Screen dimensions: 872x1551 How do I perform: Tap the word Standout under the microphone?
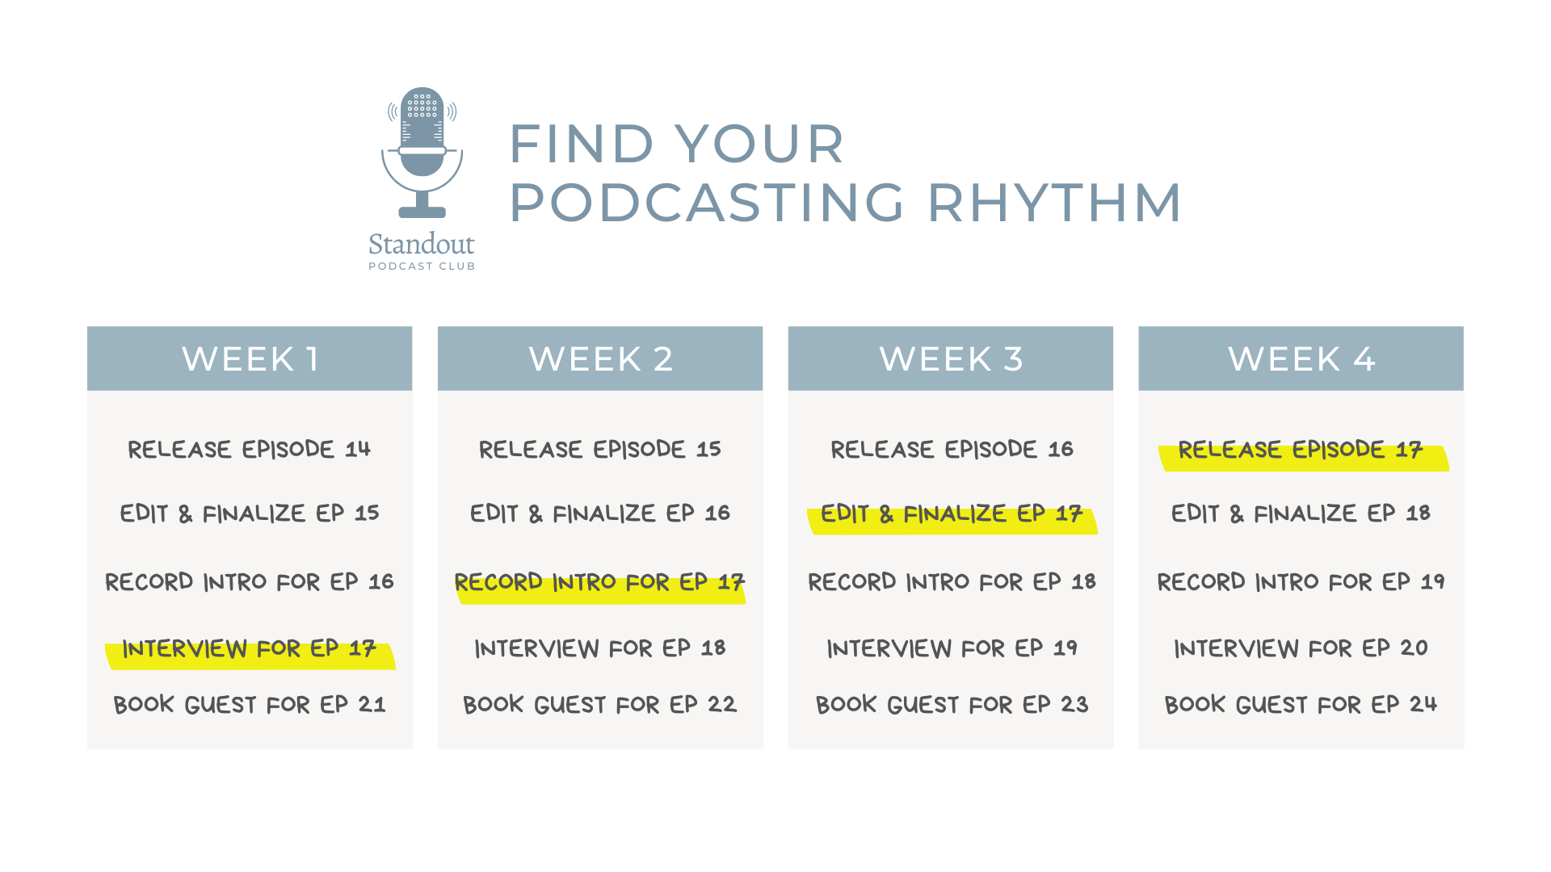click(421, 244)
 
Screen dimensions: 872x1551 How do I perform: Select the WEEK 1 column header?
click(250, 358)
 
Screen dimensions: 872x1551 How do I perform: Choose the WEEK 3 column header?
click(951, 358)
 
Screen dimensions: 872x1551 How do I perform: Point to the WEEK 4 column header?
click(1301, 358)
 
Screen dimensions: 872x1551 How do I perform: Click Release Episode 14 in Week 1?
click(249, 450)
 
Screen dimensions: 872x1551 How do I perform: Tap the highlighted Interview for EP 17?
click(249, 649)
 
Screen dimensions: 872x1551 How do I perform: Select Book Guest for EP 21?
click(249, 705)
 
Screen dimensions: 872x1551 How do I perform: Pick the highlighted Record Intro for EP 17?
click(599, 583)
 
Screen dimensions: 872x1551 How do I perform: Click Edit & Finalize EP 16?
click(599, 514)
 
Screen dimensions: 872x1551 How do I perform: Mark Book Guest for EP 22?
click(599, 705)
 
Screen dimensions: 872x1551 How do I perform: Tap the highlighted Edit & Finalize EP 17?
click(951, 514)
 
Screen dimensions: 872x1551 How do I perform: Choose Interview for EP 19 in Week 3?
click(952, 648)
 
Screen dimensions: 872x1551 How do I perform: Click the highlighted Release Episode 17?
click(1301, 451)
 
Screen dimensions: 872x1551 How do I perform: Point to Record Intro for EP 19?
click(1301, 582)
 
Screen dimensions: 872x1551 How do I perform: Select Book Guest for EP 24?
click(1301, 705)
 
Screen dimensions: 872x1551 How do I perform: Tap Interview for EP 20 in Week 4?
click(1301, 648)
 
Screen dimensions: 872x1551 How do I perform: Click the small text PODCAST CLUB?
click(422, 266)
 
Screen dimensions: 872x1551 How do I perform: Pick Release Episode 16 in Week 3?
click(952, 450)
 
